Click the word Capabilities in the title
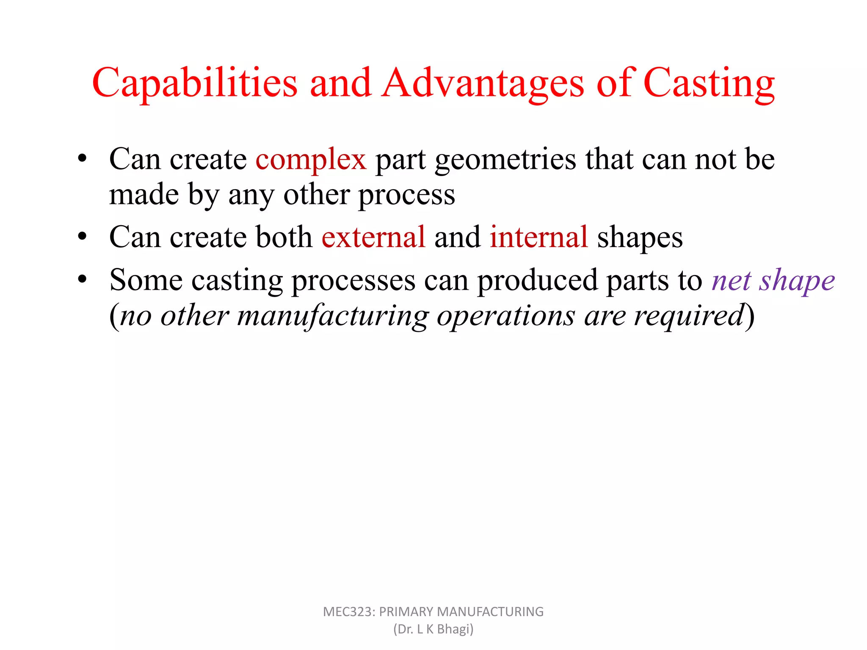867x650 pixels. (x=195, y=84)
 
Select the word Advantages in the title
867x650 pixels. (x=483, y=84)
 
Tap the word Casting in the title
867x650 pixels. (x=709, y=84)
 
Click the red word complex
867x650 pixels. (x=311, y=160)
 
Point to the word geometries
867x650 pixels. (x=505, y=160)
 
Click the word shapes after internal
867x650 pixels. (x=640, y=238)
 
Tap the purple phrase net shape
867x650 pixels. (x=773, y=281)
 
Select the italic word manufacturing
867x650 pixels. (x=333, y=317)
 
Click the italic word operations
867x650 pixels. (x=506, y=317)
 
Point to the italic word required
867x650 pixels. (x=689, y=317)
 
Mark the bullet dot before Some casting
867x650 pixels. (x=82, y=279)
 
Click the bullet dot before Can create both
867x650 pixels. (x=82, y=236)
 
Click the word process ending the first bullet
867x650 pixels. (x=406, y=196)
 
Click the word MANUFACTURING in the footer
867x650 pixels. (x=490, y=612)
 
